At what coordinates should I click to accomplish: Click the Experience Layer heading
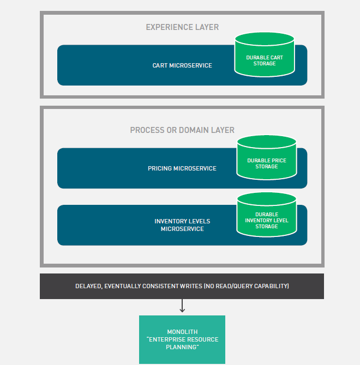point(182,27)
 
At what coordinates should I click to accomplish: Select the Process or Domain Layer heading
point(182,130)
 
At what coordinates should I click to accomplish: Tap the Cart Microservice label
point(182,65)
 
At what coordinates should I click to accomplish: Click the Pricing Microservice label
point(182,168)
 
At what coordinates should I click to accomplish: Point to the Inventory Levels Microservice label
point(182,225)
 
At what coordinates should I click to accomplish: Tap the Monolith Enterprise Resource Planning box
point(182,339)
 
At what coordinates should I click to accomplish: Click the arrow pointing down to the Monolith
point(182,306)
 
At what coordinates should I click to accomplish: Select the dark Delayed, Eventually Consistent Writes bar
point(182,286)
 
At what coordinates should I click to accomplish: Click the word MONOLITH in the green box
point(182,332)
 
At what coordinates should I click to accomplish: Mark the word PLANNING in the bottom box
point(182,347)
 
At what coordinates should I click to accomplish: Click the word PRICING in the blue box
point(159,168)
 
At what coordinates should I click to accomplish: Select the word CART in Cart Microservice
point(160,65)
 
